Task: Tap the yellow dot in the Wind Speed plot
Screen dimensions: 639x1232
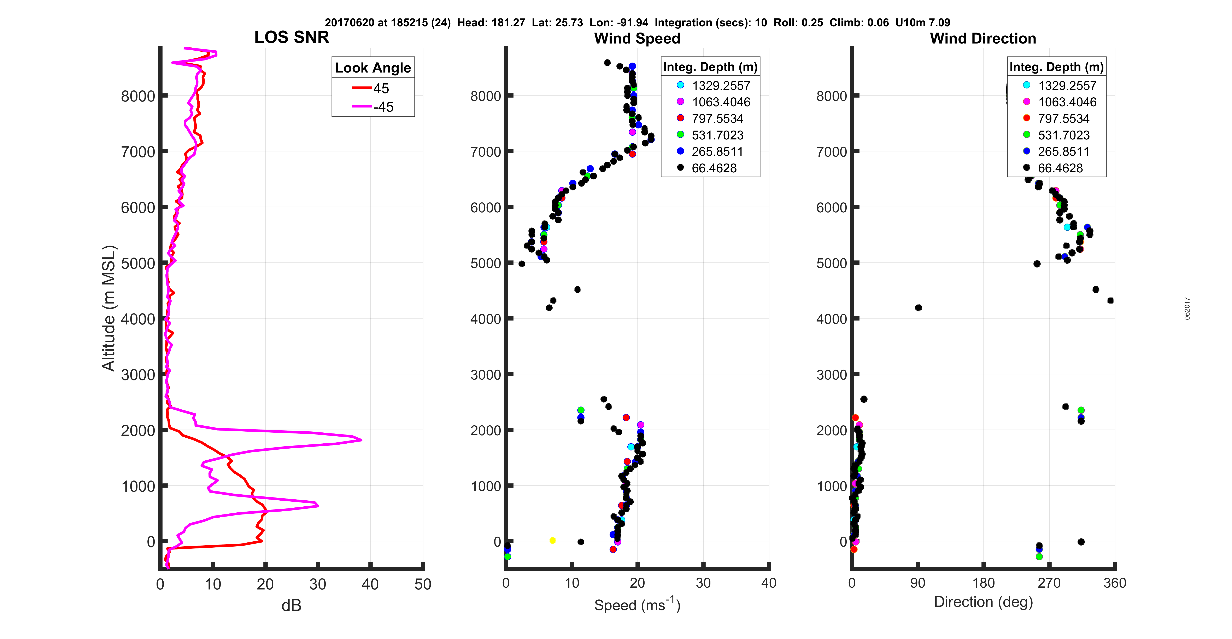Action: click(x=552, y=540)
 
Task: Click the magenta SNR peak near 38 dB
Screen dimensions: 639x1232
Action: click(x=360, y=439)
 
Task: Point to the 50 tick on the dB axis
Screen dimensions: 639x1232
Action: click(x=423, y=584)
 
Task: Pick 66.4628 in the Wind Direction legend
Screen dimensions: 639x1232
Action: click(x=1060, y=168)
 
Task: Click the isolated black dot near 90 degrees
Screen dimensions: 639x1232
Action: click(x=918, y=308)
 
